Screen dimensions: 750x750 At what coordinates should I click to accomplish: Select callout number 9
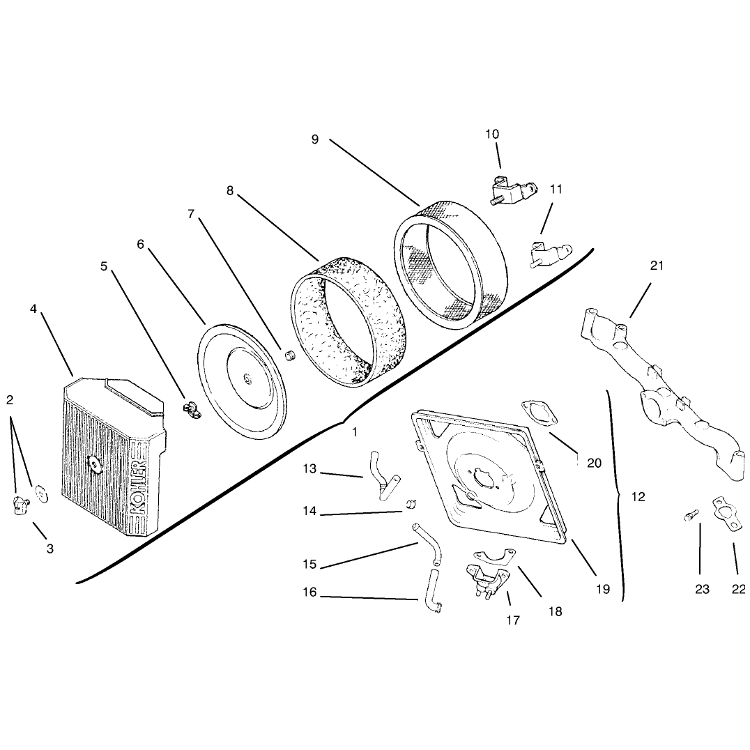(x=315, y=139)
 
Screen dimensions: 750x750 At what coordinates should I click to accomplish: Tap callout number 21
(x=657, y=265)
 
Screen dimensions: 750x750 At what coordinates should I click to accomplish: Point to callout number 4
(x=33, y=309)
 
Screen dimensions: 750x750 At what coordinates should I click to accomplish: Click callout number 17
(x=513, y=620)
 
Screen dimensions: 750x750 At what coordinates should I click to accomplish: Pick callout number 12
(x=638, y=497)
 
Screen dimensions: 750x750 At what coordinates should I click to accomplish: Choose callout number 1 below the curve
(x=354, y=432)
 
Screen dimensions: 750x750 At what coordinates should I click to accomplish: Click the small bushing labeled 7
(x=289, y=356)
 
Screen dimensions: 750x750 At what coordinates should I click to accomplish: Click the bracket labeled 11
(x=549, y=254)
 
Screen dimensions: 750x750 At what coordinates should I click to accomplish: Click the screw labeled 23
(x=688, y=516)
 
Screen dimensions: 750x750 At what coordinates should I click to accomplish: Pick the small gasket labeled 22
(x=727, y=514)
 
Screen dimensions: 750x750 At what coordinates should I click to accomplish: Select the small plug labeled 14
(x=411, y=504)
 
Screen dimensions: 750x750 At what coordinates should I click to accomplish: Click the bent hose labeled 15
(x=427, y=544)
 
